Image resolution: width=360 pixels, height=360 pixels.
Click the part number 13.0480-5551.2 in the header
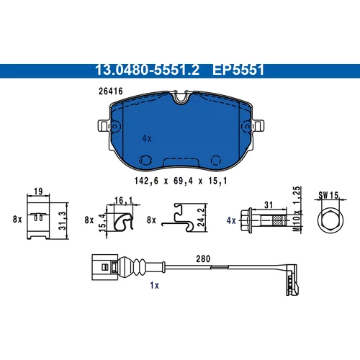click(147, 70)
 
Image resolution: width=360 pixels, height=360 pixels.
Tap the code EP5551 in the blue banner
click(238, 70)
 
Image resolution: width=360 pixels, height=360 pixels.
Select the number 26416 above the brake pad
click(111, 91)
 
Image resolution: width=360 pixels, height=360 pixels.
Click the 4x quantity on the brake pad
click(147, 138)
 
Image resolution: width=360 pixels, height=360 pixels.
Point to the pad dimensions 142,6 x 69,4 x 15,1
click(181, 181)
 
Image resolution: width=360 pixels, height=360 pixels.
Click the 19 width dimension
click(38, 192)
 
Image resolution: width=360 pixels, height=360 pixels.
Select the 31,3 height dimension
click(62, 221)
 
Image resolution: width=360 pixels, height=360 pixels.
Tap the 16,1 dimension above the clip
click(123, 200)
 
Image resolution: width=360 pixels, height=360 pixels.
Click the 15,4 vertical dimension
click(102, 222)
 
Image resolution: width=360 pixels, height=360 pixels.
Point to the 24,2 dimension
click(201, 217)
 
